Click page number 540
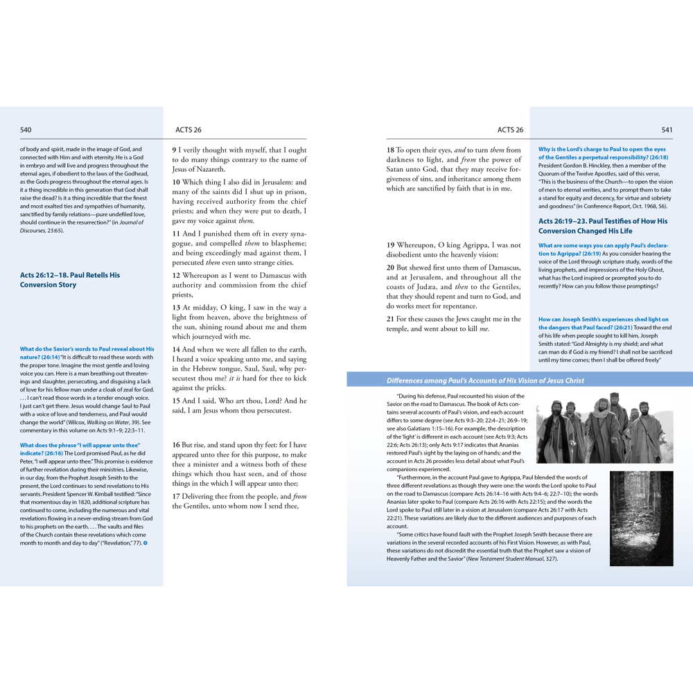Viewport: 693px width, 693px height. coord(26,130)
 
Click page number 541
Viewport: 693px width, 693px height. coord(667,130)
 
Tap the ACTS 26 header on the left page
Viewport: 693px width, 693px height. coord(188,130)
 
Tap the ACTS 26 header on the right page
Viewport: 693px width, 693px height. coord(510,130)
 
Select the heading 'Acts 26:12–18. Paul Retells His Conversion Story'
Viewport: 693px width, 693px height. coord(70,280)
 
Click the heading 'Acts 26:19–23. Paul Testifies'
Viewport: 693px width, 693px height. coord(603,226)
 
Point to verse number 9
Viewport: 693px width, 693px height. coord(175,150)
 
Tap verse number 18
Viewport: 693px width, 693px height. coord(391,150)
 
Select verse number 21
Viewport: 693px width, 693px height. coord(391,319)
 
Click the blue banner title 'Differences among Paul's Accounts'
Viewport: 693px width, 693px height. coord(485,380)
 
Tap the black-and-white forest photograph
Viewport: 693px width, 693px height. coord(641,518)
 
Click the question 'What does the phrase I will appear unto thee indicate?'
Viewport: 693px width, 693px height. coord(80,444)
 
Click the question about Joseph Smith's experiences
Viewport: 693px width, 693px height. coord(603,323)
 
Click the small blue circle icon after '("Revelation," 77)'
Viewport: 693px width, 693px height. coord(146,543)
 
